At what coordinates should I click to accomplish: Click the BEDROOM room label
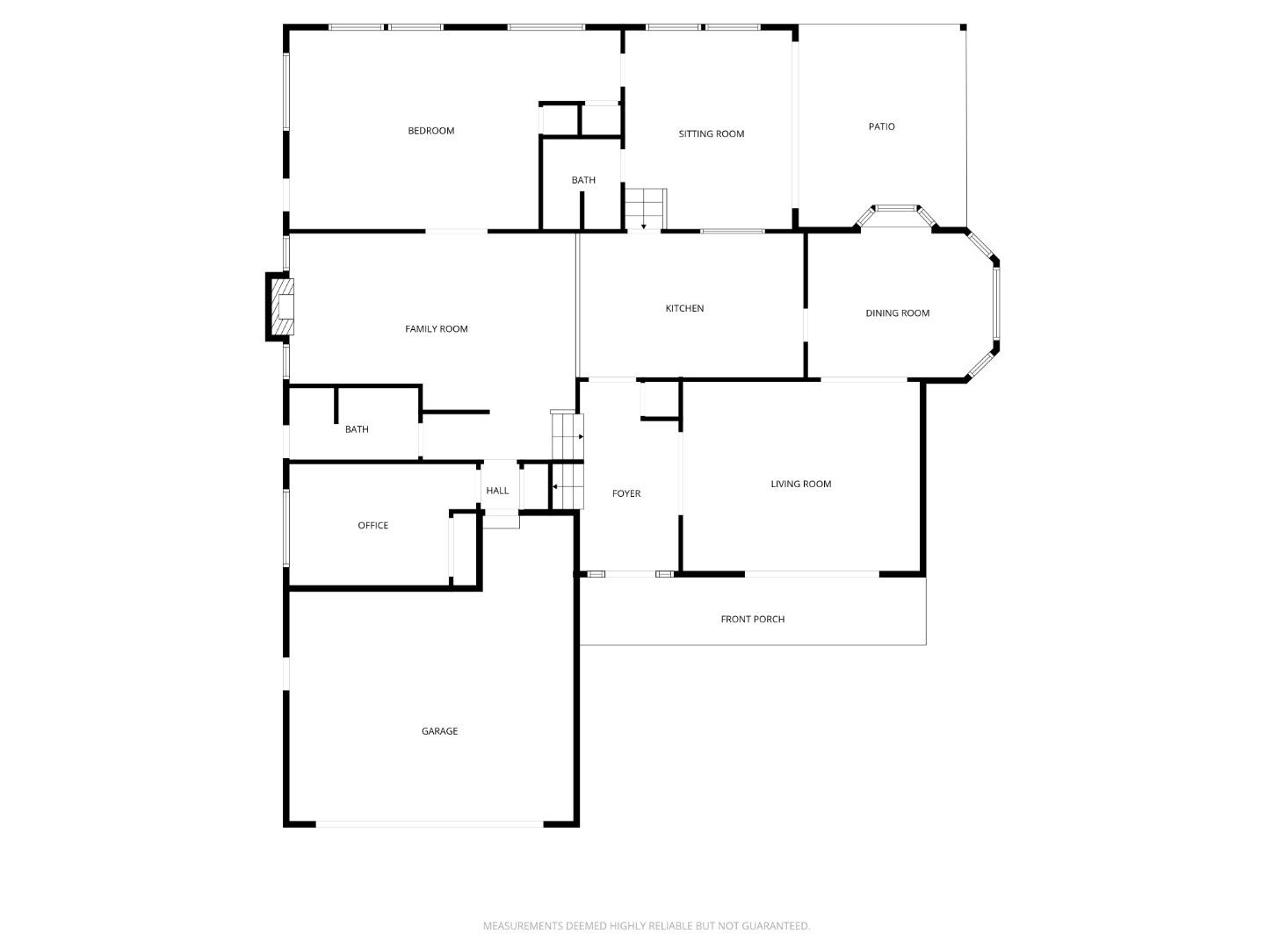tap(430, 131)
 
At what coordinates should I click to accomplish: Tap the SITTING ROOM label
tap(711, 133)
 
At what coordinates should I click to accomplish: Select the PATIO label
tap(881, 126)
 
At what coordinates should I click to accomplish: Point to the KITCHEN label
tap(683, 308)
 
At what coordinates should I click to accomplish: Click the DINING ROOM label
tap(897, 312)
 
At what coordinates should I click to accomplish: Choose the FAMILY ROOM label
tap(436, 328)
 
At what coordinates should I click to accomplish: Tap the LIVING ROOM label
tap(800, 484)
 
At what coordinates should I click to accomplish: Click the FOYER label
tap(625, 493)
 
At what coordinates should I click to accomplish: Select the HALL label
tap(497, 491)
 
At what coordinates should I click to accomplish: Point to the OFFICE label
tap(372, 525)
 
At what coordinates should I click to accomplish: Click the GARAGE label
tap(439, 731)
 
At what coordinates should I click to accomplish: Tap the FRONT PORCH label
tap(752, 619)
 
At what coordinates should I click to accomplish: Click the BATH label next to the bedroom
tap(583, 180)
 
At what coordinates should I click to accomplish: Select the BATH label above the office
tap(357, 429)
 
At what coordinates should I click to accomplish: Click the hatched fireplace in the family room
tap(280, 306)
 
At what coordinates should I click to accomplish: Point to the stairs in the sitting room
tap(645, 208)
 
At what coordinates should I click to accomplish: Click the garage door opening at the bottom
tap(430, 824)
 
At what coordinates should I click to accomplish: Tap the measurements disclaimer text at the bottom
tap(647, 925)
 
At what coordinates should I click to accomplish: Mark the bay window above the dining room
tap(896, 209)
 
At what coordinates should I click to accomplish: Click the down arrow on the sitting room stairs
tap(644, 226)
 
